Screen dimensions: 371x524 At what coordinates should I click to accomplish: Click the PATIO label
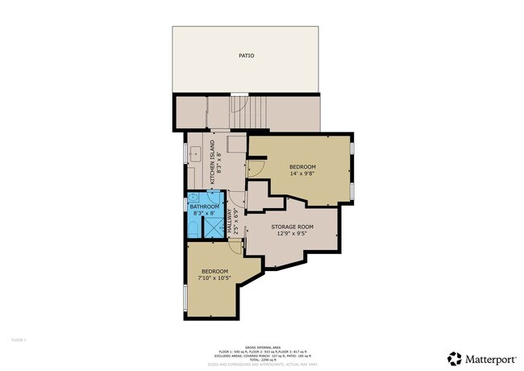pos(246,56)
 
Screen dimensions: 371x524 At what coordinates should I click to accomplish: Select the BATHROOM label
pos(205,206)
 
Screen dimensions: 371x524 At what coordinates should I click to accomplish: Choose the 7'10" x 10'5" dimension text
pos(215,277)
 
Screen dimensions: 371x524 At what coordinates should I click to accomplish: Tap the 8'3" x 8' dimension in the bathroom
pos(205,213)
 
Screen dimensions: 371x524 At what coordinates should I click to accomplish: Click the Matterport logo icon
pos(455,357)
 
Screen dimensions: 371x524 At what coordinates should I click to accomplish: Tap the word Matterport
pos(489,357)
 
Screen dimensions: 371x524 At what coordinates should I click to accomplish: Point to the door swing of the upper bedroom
pos(254,168)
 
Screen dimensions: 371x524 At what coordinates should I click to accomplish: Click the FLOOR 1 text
pos(19,340)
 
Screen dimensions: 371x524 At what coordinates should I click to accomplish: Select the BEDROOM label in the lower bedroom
pos(214,271)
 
